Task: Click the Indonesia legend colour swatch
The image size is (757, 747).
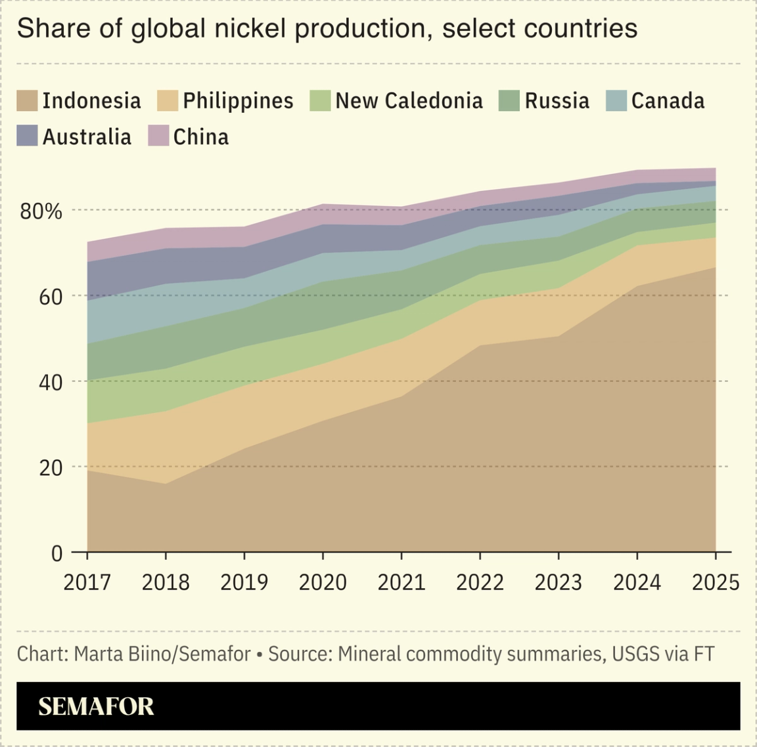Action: [x=27, y=101]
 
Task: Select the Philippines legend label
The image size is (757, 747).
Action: [x=238, y=101]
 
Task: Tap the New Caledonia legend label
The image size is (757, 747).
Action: [x=409, y=101]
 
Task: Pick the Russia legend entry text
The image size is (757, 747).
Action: [x=557, y=101]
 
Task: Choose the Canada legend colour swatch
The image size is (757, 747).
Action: [x=616, y=101]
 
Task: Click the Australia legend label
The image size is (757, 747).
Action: [x=87, y=137]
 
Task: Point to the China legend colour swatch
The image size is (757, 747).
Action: [x=158, y=137]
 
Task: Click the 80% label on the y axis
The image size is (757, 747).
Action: [x=41, y=212]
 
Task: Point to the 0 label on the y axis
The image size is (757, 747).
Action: [x=57, y=554]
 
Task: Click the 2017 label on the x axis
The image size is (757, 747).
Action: [x=87, y=583]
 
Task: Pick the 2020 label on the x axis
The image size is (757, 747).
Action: [x=323, y=583]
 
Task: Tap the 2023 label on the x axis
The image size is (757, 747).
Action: [x=558, y=583]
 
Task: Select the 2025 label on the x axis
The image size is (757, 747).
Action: [x=715, y=583]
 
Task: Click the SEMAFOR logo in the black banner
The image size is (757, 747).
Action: [x=96, y=706]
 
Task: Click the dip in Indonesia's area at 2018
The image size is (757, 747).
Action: [x=166, y=484]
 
